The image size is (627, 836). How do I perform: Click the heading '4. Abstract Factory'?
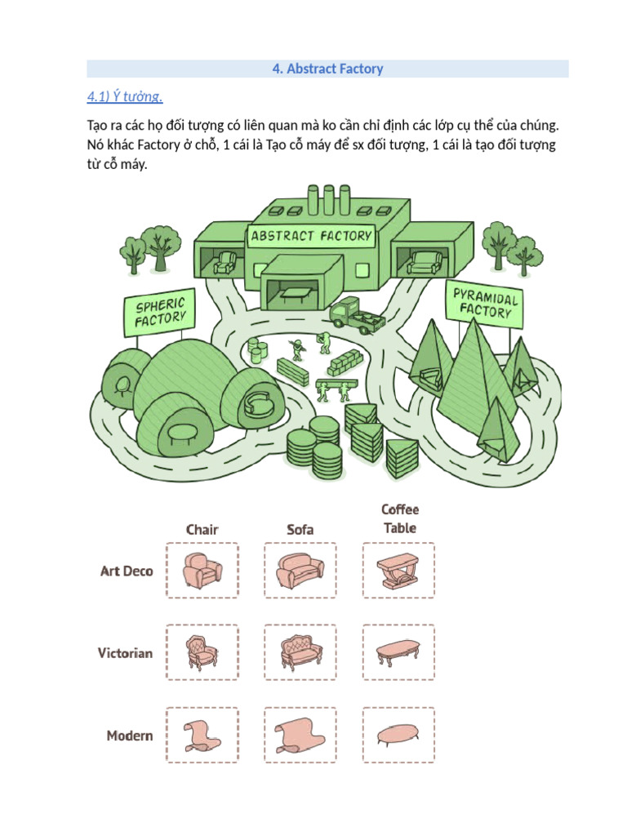(327, 69)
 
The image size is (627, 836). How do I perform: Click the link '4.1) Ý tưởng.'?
(125, 96)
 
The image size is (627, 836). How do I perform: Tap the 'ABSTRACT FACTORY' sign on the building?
(311, 236)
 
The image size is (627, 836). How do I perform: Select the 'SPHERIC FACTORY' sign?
(159, 313)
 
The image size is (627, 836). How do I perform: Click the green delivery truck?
(357, 316)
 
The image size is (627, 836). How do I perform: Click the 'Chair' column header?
(202, 529)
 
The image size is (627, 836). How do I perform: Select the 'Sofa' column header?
(300, 529)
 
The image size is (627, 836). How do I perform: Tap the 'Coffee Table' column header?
(400, 518)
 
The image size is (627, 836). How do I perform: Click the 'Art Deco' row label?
(127, 571)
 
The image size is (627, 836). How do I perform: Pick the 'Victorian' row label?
(125, 653)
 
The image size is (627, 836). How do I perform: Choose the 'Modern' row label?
(130, 736)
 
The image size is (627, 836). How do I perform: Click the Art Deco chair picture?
(202, 571)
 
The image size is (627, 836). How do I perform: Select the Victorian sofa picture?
(301, 652)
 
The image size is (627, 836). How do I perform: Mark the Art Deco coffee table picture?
(398, 571)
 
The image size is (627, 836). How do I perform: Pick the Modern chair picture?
(202, 736)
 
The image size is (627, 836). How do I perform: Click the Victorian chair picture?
(202, 652)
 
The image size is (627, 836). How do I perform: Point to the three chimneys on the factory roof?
(329, 199)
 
